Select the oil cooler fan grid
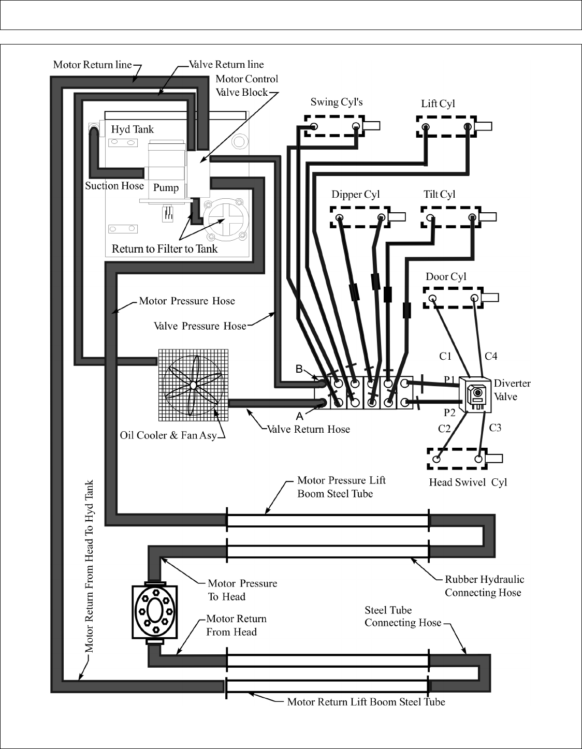[193, 385]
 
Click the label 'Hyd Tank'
[133, 129]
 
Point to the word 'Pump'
[166, 188]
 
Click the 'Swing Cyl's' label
[337, 102]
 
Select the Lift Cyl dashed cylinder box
[446, 127]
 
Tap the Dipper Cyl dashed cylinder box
[360, 217]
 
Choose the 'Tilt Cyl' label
[439, 195]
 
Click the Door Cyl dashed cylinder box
[454, 298]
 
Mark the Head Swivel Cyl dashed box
[458, 459]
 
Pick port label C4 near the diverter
[491, 356]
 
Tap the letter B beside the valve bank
[299, 369]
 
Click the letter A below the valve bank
[299, 416]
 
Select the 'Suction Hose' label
[114, 186]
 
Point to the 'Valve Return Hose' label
[308, 429]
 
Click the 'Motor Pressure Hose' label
[187, 301]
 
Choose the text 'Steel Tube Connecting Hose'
[403, 616]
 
